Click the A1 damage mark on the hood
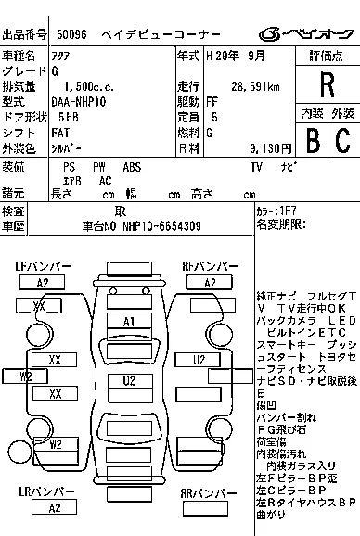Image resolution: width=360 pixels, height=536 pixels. click(x=129, y=321)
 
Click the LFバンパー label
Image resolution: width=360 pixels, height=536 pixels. click(x=43, y=267)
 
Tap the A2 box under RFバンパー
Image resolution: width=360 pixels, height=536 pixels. click(x=210, y=283)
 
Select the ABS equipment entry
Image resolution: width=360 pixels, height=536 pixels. click(x=133, y=167)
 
